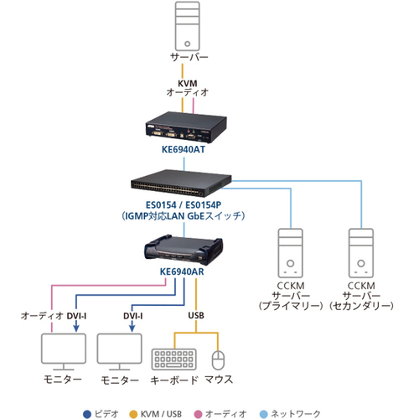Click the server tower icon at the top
point(187,26)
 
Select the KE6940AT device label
point(184,149)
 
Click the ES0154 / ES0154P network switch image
point(181,183)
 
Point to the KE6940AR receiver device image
point(184,250)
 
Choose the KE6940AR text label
point(182,272)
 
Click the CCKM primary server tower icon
point(291,253)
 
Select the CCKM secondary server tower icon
point(361,253)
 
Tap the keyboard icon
point(174,359)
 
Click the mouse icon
point(218,360)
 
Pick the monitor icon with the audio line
point(64,352)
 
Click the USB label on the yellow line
point(196,316)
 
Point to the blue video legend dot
point(87,414)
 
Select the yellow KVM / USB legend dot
point(134,414)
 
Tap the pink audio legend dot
point(198,414)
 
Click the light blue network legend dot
point(264,414)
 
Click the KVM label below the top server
point(188,83)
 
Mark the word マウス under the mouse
point(219,380)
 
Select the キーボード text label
point(174,380)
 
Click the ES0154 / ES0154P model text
point(184,205)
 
